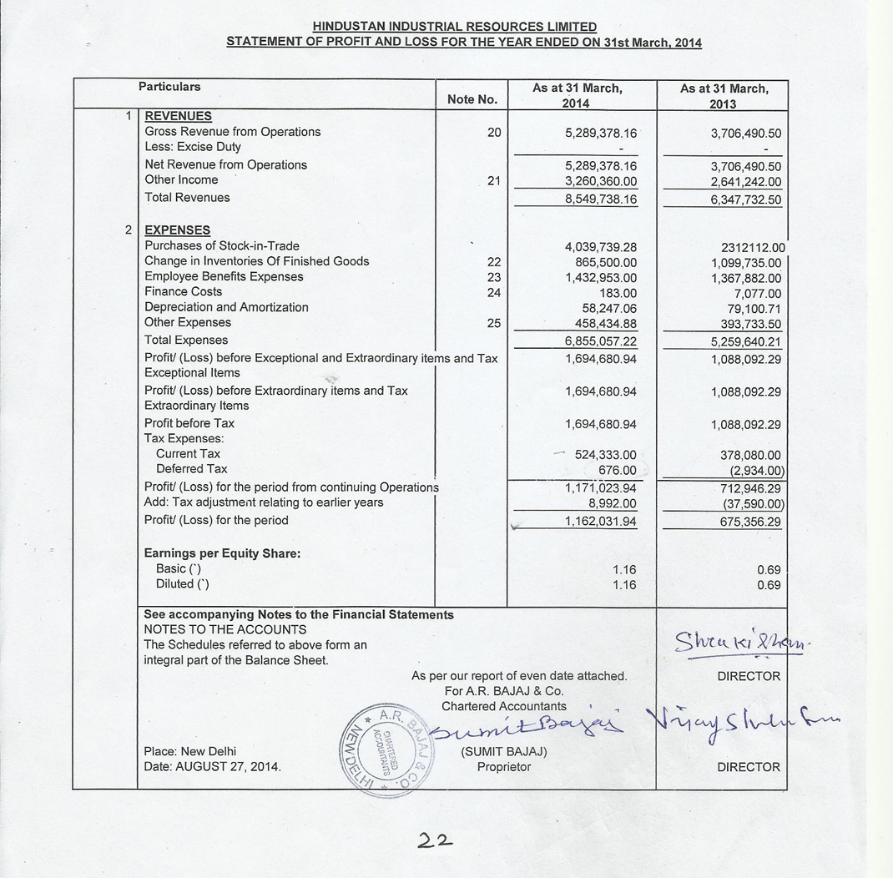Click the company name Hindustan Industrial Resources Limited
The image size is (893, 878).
pyautogui.click(x=455, y=28)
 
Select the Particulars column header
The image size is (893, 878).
pyautogui.click(x=169, y=87)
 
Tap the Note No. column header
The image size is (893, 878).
pyautogui.click(x=472, y=99)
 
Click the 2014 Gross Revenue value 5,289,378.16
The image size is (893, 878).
pyautogui.click(x=601, y=133)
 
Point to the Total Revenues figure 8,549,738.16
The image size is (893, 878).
pyautogui.click(x=601, y=199)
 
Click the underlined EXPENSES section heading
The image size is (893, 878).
pyautogui.click(x=177, y=230)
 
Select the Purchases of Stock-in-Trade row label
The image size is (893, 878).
pyautogui.click(x=221, y=246)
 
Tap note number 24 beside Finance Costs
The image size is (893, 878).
pyautogui.click(x=494, y=292)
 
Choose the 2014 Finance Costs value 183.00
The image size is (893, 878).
pyautogui.click(x=618, y=293)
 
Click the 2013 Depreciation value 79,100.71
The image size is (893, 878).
pyautogui.click(x=754, y=309)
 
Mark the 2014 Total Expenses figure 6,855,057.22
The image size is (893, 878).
pyautogui.click(x=601, y=342)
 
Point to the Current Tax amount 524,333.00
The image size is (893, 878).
pyautogui.click(x=605, y=455)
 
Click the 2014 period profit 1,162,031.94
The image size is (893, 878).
pyautogui.click(x=601, y=522)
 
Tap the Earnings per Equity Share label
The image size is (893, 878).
pyautogui.click(x=222, y=553)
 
